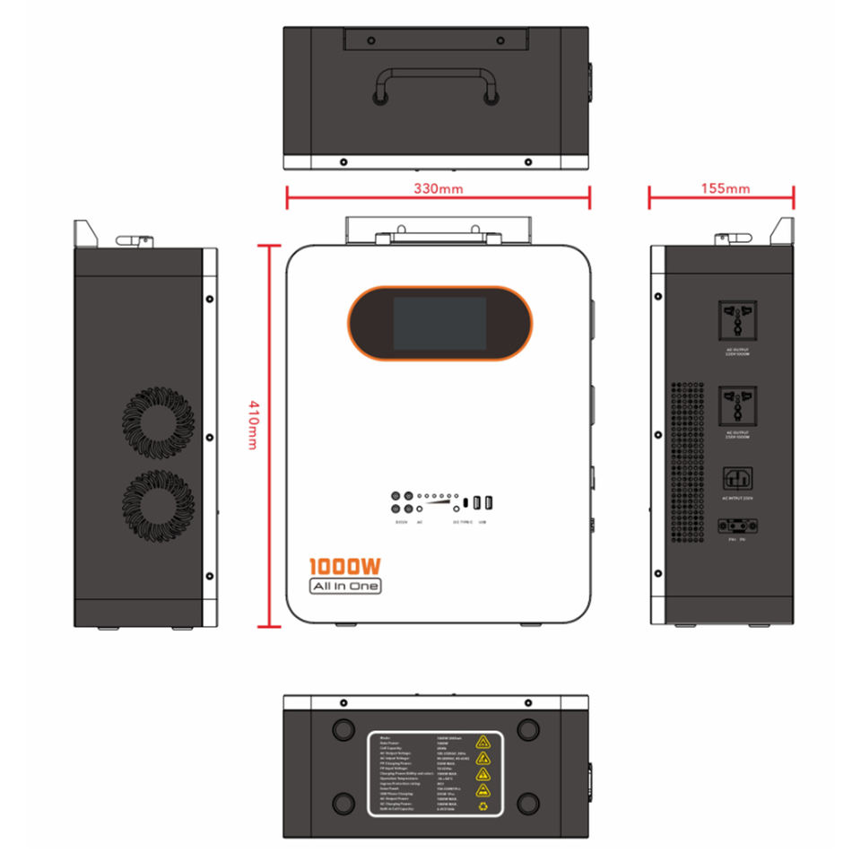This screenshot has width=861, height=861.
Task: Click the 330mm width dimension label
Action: (438, 189)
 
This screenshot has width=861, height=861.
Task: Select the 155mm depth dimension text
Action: (725, 188)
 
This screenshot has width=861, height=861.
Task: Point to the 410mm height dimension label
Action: (253, 425)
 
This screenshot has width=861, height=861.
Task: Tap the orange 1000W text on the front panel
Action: (345, 567)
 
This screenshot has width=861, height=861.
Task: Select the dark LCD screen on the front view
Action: (439, 323)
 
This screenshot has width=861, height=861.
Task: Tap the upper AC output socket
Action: (737, 321)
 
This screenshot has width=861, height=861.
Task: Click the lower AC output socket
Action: (737, 404)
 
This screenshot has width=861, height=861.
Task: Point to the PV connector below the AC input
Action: (737, 529)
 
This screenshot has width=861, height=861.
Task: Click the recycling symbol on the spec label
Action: (483, 808)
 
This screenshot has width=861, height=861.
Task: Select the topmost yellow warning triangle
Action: (483, 741)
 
